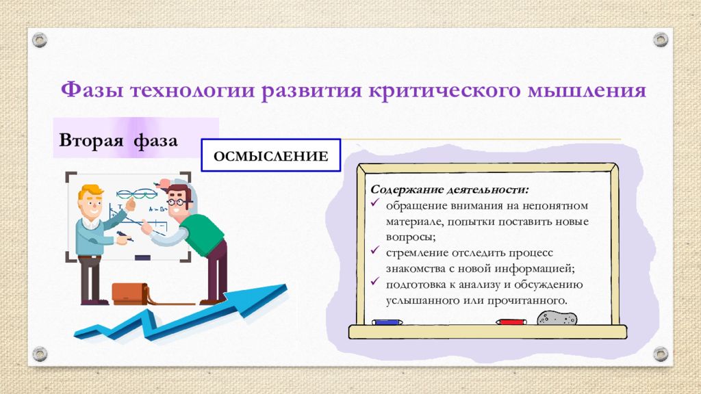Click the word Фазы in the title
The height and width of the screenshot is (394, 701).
pyautogui.click(x=92, y=90)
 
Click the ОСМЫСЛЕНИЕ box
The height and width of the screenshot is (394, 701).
pyautogui.click(x=271, y=155)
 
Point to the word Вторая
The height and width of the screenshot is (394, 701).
pyautogui.click(x=91, y=140)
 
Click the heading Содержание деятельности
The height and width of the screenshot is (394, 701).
pyautogui.click(x=449, y=189)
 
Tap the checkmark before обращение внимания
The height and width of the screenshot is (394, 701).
pyautogui.click(x=374, y=202)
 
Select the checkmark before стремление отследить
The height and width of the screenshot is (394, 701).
pyautogui.click(x=374, y=250)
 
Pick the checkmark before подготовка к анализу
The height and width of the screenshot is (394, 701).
pyautogui.click(x=374, y=281)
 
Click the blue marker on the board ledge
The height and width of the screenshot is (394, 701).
pyautogui.click(x=387, y=322)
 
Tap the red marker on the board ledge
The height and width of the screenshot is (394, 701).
pyautogui.click(x=511, y=321)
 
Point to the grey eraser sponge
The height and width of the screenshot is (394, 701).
pyautogui.click(x=557, y=317)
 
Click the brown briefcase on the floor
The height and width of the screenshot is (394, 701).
pyautogui.click(x=130, y=293)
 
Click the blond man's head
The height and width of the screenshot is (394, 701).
pyautogui.click(x=91, y=202)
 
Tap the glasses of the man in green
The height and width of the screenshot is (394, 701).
pyautogui.click(x=177, y=202)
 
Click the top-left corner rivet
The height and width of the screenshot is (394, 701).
pyautogui.click(x=40, y=40)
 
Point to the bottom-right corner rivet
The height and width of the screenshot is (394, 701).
pyautogui.click(x=661, y=354)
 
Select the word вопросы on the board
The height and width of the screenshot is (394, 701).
pyautogui.click(x=411, y=237)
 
